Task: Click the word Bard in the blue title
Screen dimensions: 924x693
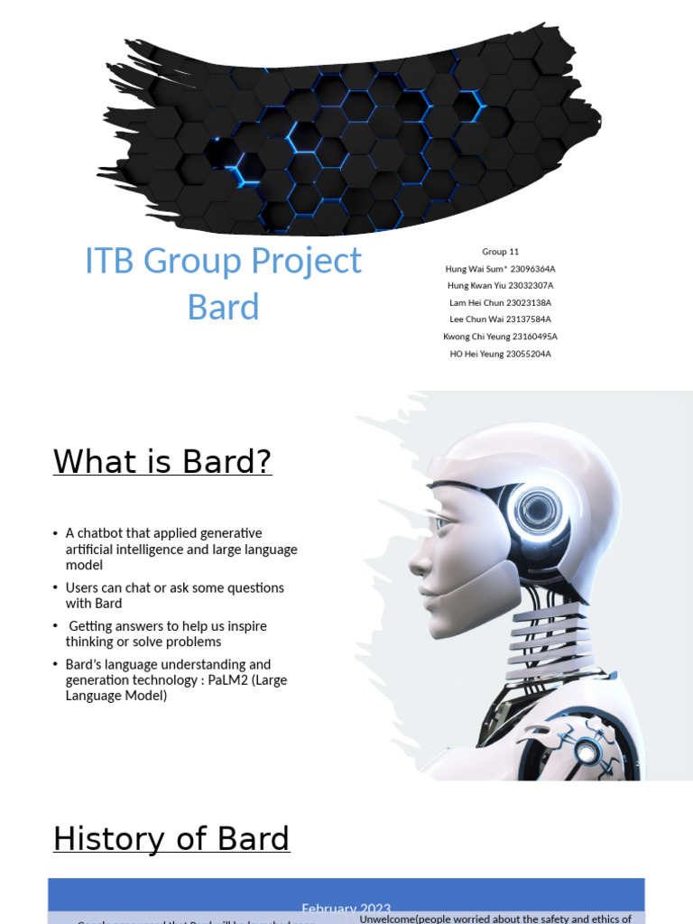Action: click(x=223, y=307)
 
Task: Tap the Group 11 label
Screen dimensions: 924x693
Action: click(x=500, y=252)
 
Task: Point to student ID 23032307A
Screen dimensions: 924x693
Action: click(x=525, y=286)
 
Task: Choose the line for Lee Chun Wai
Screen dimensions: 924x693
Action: click(x=500, y=319)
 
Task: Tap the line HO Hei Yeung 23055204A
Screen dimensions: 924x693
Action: click(x=500, y=354)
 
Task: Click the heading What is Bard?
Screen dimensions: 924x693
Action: click(x=162, y=462)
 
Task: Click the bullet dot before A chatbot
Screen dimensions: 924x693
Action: click(x=56, y=534)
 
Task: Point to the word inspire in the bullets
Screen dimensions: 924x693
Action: click(x=243, y=626)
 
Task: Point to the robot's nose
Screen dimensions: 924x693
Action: click(x=417, y=565)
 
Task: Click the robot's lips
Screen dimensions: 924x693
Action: click(x=428, y=596)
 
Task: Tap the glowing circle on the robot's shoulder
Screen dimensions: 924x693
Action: click(x=587, y=752)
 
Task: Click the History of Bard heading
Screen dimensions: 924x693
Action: click(x=171, y=839)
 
